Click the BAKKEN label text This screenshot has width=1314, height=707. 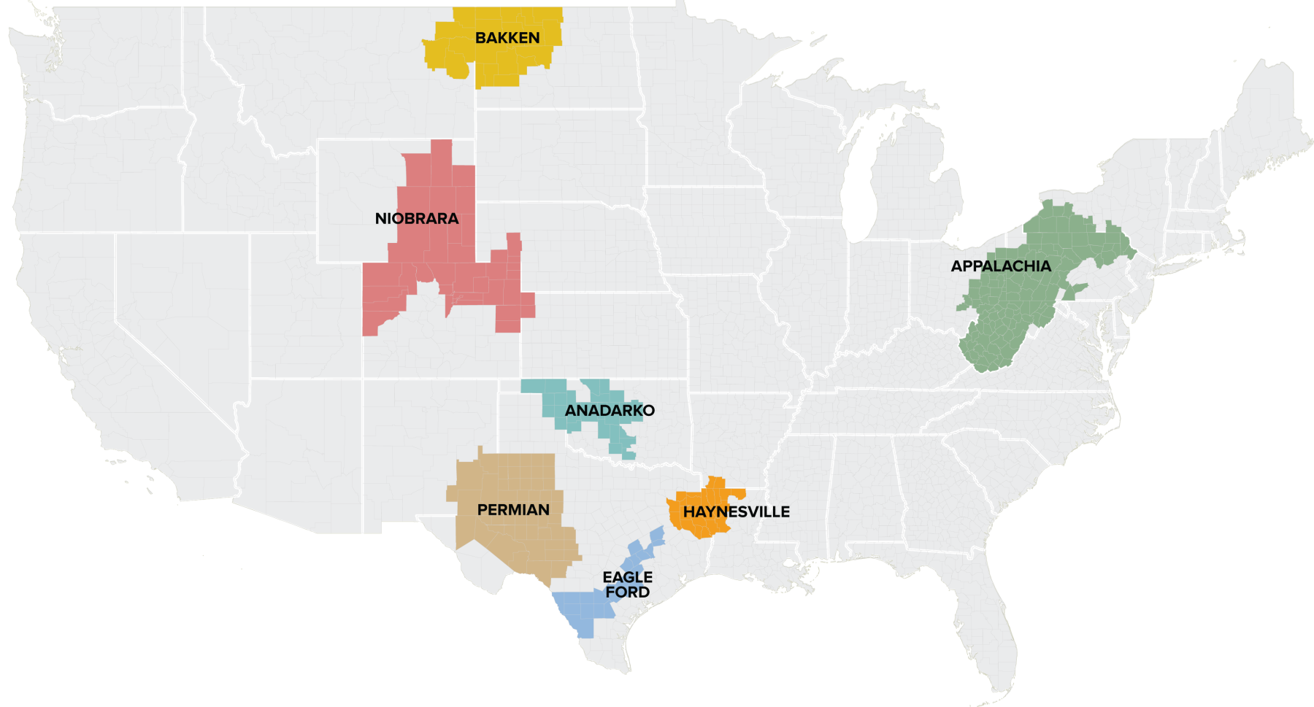(x=507, y=38)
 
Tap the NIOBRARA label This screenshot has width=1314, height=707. (x=417, y=219)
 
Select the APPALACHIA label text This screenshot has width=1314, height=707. (x=1001, y=266)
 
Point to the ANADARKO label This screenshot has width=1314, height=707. (x=610, y=411)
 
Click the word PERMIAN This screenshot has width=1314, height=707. (x=513, y=510)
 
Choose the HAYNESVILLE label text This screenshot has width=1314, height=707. (x=736, y=512)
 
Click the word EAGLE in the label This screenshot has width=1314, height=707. (x=628, y=577)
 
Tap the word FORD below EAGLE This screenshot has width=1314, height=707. (x=628, y=592)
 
